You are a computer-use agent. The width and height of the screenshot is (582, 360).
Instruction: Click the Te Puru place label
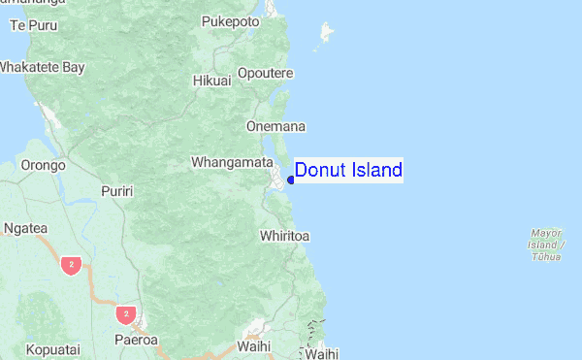28,24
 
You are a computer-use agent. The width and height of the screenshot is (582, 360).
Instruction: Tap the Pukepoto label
230,20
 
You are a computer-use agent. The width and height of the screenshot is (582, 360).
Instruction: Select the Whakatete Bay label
42,68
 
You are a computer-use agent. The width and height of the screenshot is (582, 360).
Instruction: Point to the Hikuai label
211,81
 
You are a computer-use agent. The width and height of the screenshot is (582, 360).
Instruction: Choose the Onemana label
276,126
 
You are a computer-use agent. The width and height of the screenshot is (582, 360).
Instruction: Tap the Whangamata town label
231,162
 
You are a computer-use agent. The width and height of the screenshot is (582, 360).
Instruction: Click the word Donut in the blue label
315,171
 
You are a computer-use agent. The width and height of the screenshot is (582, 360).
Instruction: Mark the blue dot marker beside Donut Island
291,179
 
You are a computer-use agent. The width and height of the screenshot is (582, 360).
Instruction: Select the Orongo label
43,165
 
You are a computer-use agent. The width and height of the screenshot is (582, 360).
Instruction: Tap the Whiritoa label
285,236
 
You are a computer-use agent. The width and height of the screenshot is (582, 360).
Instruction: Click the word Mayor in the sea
546,232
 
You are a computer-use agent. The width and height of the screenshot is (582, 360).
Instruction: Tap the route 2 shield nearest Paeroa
123,314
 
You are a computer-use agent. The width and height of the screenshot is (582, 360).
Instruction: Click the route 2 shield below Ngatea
70,264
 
